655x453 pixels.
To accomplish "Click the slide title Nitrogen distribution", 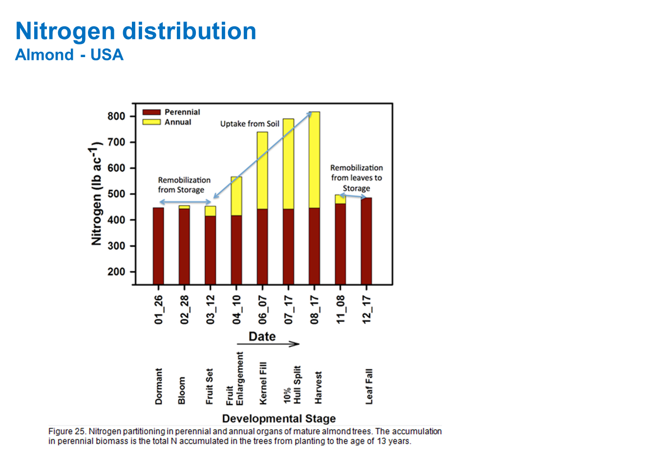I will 136,31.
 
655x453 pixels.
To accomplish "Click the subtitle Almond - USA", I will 69,55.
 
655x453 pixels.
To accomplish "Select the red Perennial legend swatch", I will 151,112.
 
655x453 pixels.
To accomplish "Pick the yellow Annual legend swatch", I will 151,122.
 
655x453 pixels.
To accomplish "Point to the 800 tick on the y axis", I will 116,116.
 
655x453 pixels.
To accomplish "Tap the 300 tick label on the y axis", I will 116,246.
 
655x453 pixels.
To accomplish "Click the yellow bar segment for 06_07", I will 262,170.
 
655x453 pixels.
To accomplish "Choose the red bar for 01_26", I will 158,246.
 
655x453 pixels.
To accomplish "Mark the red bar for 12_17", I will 366,241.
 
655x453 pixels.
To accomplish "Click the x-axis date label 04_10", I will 237,309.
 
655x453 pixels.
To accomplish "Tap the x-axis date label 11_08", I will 340,309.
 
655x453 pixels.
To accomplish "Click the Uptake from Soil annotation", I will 250,124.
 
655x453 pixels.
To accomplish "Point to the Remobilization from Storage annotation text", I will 184,185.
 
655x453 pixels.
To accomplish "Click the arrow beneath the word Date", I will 268,344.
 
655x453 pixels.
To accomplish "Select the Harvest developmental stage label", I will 318,388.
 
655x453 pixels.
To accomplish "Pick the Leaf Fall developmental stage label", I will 369,386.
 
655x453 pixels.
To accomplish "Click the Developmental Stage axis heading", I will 279,418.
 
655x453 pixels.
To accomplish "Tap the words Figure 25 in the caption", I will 67,432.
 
